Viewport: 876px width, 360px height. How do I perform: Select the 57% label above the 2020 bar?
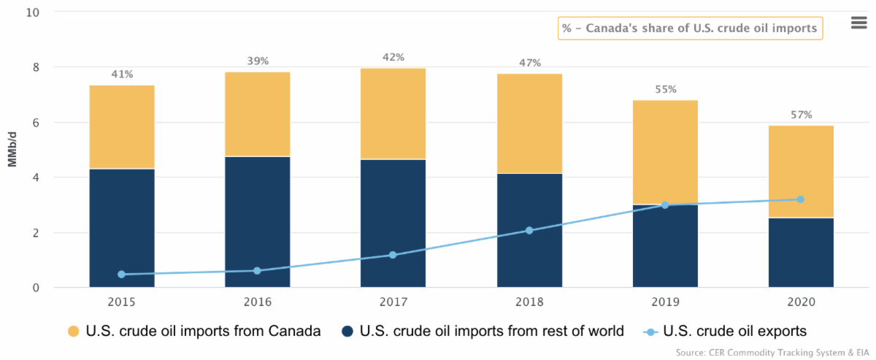(800, 115)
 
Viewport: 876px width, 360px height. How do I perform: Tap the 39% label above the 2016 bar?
(258, 61)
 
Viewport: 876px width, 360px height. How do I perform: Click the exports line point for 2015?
(122, 275)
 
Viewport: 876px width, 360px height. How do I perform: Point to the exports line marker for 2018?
(529, 231)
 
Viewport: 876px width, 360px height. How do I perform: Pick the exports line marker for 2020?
(800, 199)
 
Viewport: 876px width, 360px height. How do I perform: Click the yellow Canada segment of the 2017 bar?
(393, 113)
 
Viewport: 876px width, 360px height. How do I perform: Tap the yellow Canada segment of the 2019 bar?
(665, 152)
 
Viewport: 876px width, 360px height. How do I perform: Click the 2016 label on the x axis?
(258, 302)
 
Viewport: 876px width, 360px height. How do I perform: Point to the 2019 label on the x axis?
(665, 302)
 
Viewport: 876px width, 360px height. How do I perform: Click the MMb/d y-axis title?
(12, 150)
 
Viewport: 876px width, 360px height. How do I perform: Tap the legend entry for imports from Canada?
(193, 332)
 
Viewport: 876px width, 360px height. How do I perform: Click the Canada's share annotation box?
(691, 28)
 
